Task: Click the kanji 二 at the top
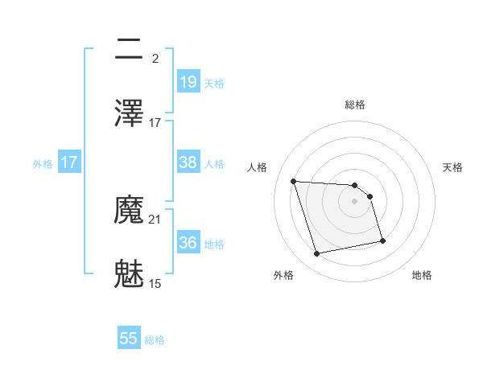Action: [x=129, y=50]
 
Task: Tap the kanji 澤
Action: [x=129, y=113]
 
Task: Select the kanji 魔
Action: [x=129, y=211]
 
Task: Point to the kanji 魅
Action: [x=129, y=273]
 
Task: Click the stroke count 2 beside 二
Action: [x=155, y=59]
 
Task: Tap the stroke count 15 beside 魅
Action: [x=155, y=283]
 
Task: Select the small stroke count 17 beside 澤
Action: [x=155, y=123]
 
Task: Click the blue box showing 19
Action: [x=188, y=82]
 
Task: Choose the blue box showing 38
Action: [x=188, y=162]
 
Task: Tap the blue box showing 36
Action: [x=188, y=243]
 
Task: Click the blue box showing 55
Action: [x=129, y=339]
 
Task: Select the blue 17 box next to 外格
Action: [x=68, y=162]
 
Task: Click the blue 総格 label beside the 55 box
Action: [x=155, y=340]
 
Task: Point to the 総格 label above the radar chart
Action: [x=355, y=105]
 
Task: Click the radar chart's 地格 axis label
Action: [x=422, y=275]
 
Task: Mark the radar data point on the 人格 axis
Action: [x=294, y=181]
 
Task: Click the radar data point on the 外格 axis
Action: [x=317, y=254]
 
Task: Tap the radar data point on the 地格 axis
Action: [x=382, y=240]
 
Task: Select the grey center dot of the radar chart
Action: [x=355, y=201]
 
